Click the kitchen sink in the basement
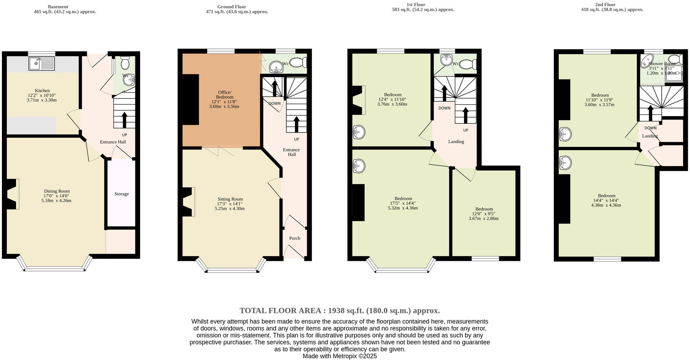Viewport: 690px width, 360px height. pos(42,63)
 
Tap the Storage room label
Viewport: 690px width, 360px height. pos(121,194)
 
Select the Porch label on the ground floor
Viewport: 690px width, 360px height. pos(294,238)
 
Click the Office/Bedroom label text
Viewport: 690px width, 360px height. pos(224,95)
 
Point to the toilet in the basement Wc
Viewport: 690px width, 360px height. pos(125,63)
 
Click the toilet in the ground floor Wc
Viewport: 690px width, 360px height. pos(298,62)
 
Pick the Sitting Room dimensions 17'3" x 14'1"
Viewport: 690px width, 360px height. pos(230,204)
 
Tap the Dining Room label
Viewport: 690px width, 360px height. pos(57,191)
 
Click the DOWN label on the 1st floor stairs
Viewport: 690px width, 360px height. pos(444,108)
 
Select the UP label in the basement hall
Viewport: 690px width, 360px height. pos(124,135)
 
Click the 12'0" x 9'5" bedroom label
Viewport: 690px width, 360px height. pos(484,209)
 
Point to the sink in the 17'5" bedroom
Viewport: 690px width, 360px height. pos(359,166)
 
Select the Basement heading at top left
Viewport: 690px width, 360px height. pos(58,6)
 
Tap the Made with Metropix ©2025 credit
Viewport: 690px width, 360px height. pos(340,356)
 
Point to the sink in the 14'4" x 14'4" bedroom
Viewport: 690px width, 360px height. pos(565,163)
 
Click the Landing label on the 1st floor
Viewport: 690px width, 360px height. pos(456,142)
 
